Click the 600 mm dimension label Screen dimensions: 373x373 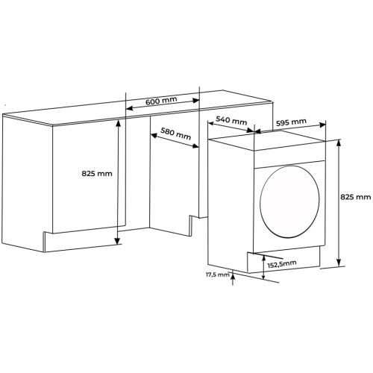pos(161,101)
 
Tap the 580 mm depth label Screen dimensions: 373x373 pos(175,134)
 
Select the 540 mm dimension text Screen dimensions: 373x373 pos(231,121)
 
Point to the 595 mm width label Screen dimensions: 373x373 pos(291,122)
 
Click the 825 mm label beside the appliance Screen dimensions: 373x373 pos(356,197)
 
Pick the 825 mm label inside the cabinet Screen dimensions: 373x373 pos(97,173)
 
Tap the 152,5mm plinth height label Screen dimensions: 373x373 pos(282,264)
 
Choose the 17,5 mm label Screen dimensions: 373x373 pos(217,275)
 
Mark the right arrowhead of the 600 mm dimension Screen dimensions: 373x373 pos(196,100)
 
